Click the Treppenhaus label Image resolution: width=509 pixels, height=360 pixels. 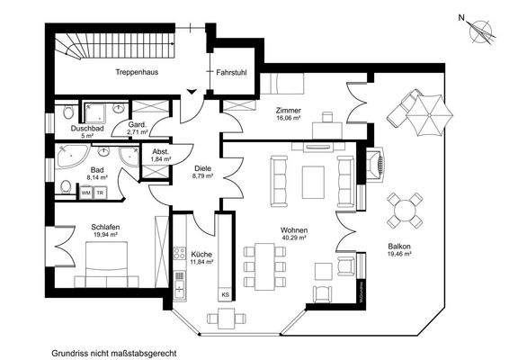coord(137,73)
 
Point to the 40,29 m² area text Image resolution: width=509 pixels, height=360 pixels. coord(293,238)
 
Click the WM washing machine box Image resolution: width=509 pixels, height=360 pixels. coord(86,193)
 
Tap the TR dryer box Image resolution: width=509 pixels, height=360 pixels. coord(100,193)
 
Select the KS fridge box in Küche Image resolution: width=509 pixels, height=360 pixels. coord(224,294)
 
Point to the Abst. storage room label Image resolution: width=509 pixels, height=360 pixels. coord(161,151)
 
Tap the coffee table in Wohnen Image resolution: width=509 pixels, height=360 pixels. coord(314,179)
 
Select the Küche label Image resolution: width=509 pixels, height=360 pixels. coord(200,254)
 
